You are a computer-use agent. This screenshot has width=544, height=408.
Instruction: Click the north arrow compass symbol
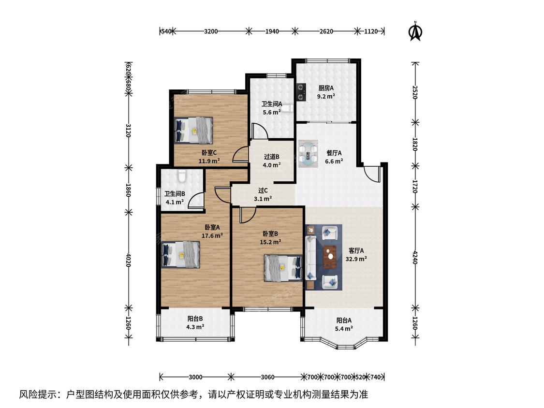pyautogui.click(x=415, y=31)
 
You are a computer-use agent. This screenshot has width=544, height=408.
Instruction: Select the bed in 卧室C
pyautogui.click(x=193, y=130)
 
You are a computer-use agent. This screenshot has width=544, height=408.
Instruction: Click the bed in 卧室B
pyautogui.click(x=283, y=268)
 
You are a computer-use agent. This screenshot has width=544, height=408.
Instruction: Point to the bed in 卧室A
pyautogui.click(x=181, y=255)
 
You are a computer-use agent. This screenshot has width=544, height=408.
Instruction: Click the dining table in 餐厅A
pyautogui.click(x=308, y=154)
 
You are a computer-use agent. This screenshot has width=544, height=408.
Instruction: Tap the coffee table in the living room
pyautogui.click(x=330, y=257)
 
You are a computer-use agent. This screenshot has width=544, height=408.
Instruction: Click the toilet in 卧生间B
pyautogui.click(x=181, y=176)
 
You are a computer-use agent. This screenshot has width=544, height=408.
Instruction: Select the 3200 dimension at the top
pyautogui.click(x=211, y=31)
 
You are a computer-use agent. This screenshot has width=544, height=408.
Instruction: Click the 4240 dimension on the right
pyautogui.click(x=415, y=257)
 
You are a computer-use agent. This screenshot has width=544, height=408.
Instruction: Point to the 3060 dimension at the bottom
pyautogui.click(x=267, y=377)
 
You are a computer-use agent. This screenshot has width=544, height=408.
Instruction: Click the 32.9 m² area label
pyautogui.click(x=356, y=259)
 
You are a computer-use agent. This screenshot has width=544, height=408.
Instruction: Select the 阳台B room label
pyautogui.click(x=195, y=319)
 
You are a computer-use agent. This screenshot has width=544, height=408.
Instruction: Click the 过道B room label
pyautogui.click(x=272, y=157)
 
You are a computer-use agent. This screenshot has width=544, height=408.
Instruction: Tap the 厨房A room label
pyautogui.click(x=326, y=88)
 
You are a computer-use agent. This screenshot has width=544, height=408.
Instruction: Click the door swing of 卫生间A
pyautogui.click(x=259, y=131)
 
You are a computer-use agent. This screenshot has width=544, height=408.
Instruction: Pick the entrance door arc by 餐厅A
pyautogui.click(x=372, y=174)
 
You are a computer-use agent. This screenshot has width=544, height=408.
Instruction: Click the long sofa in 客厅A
pyautogui.click(x=310, y=258)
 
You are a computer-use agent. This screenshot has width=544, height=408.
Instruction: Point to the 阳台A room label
pyautogui.click(x=344, y=321)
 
